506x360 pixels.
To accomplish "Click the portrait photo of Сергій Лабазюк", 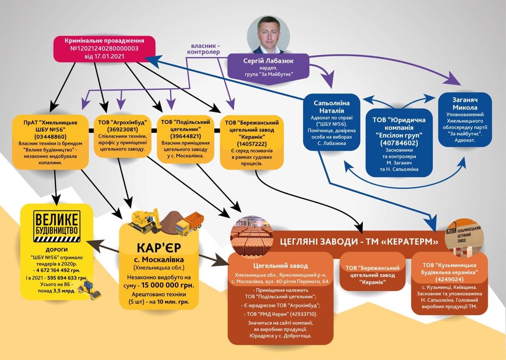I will [269, 36].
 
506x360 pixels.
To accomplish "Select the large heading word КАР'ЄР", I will [159, 248].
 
